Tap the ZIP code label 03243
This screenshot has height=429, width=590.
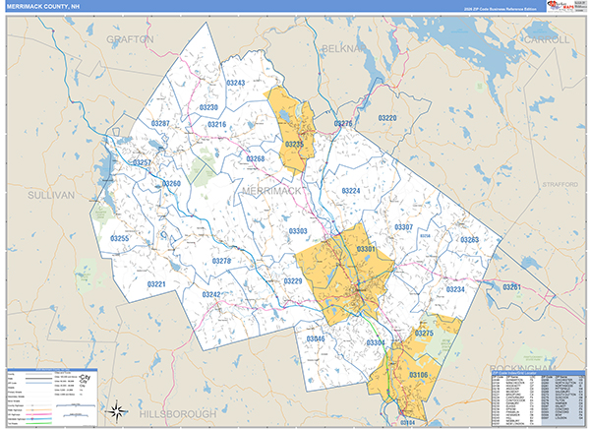[235, 84]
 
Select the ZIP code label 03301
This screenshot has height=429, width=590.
[366, 250]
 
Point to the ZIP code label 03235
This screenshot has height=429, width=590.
[294, 144]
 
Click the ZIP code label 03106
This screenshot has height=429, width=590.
[418, 376]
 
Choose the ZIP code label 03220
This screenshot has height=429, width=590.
[386, 118]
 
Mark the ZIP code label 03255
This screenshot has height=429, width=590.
[119, 238]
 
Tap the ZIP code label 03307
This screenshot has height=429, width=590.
[403, 227]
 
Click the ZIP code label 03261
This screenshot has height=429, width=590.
[510, 286]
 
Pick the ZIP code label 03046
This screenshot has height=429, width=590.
[315, 338]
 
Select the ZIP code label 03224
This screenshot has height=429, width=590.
[351, 191]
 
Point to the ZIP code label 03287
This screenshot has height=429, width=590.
[160, 123]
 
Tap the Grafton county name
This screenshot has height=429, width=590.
[131, 39]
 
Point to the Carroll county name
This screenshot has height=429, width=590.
[546, 39]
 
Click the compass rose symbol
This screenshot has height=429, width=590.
[116, 408]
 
